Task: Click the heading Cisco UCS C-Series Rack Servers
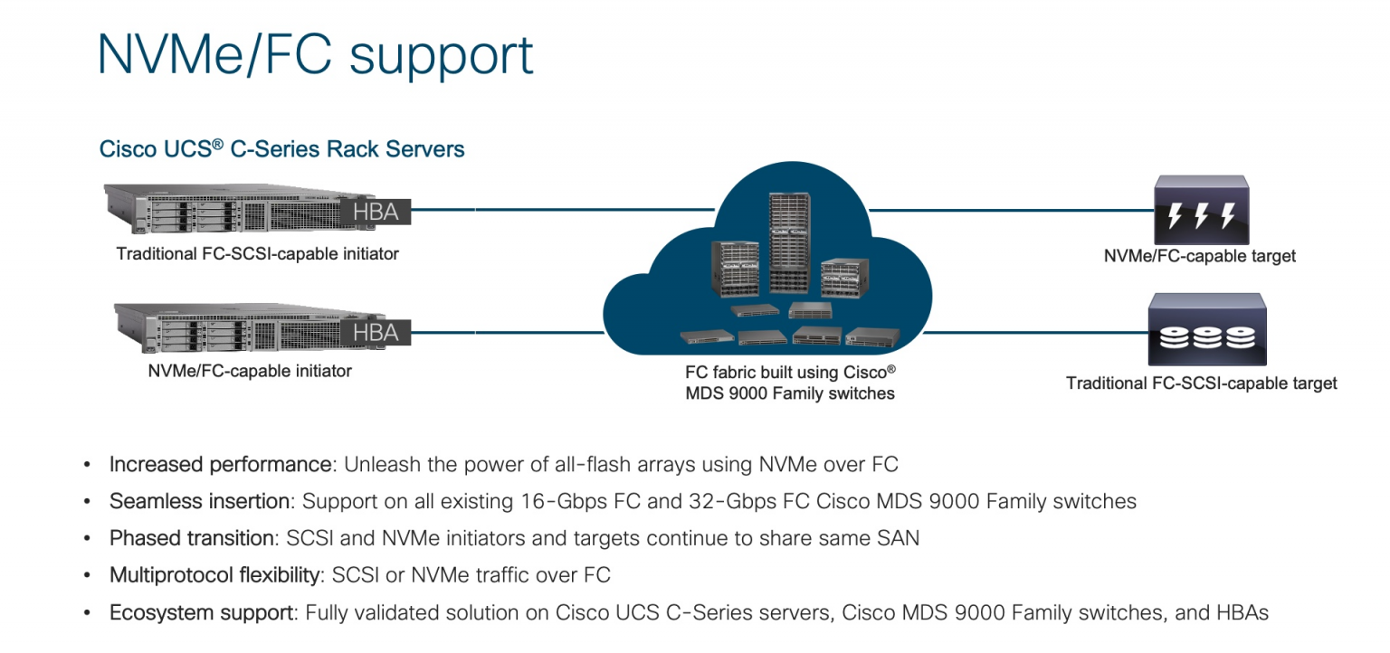pos(281,149)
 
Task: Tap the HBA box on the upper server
pos(376,212)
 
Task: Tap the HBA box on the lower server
pos(376,332)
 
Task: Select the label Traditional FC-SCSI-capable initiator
pos(257,254)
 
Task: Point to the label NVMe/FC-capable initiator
pos(250,371)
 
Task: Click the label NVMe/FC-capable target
pos(1199,257)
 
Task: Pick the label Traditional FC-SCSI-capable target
pos(1201,383)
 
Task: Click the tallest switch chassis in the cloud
pos(788,242)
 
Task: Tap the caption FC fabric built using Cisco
pos(789,372)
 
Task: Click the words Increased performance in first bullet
pos(220,465)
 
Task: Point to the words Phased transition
pos(191,538)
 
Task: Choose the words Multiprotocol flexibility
pos(214,575)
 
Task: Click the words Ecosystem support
pos(202,612)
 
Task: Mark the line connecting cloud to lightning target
pos(1004,211)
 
